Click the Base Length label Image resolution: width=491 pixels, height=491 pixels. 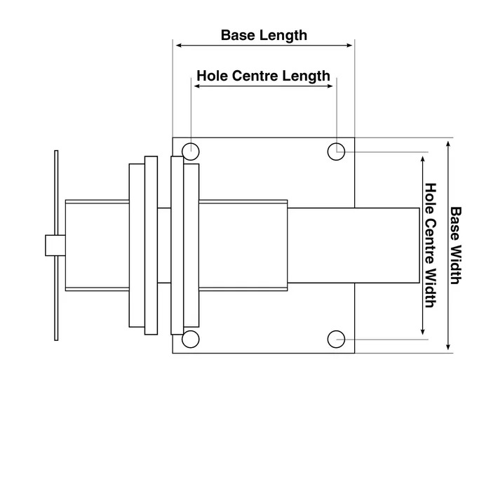[x=264, y=34]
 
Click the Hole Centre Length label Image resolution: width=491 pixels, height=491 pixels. [x=263, y=75]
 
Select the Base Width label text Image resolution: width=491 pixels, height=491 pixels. [x=455, y=245]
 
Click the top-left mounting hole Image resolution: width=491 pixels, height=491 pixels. [x=189, y=151]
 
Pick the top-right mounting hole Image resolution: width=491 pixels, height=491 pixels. [x=337, y=151]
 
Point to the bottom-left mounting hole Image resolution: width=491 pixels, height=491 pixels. [x=189, y=339]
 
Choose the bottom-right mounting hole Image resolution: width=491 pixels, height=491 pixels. [x=337, y=339]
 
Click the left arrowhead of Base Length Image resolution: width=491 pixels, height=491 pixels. [x=178, y=46]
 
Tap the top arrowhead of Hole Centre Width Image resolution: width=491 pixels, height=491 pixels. [x=422, y=161]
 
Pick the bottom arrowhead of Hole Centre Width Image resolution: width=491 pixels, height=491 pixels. [x=422, y=330]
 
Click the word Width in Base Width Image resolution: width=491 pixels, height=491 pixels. [x=455, y=262]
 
